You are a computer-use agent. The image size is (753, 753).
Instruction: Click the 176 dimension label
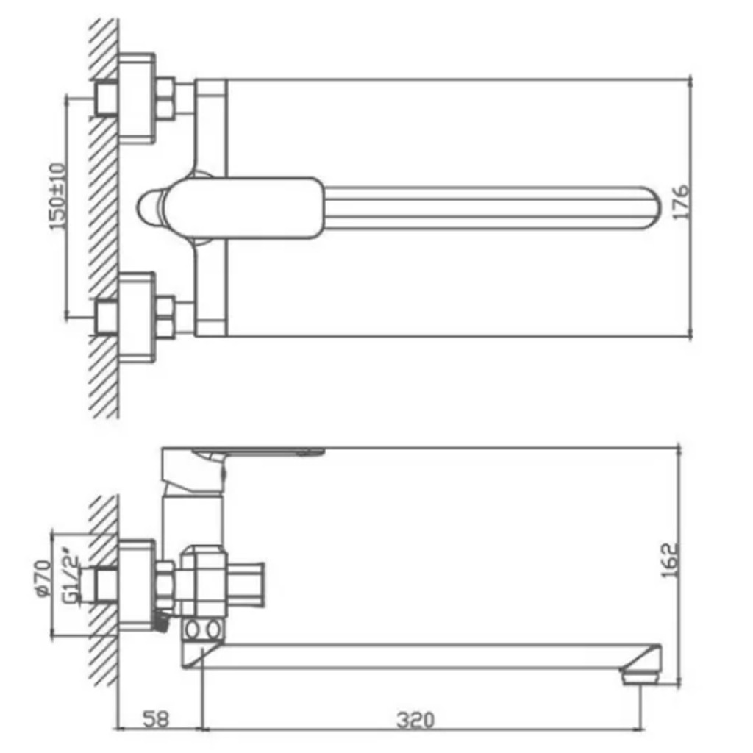[680, 202]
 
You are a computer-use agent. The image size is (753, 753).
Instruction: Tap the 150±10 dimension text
[57, 196]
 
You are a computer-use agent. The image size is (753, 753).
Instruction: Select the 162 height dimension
[669, 560]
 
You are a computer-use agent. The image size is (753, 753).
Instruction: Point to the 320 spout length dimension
[415, 720]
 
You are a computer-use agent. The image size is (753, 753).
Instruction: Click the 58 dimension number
[156, 719]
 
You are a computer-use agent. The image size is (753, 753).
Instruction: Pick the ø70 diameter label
[43, 579]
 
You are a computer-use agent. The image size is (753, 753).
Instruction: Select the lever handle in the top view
[244, 208]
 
